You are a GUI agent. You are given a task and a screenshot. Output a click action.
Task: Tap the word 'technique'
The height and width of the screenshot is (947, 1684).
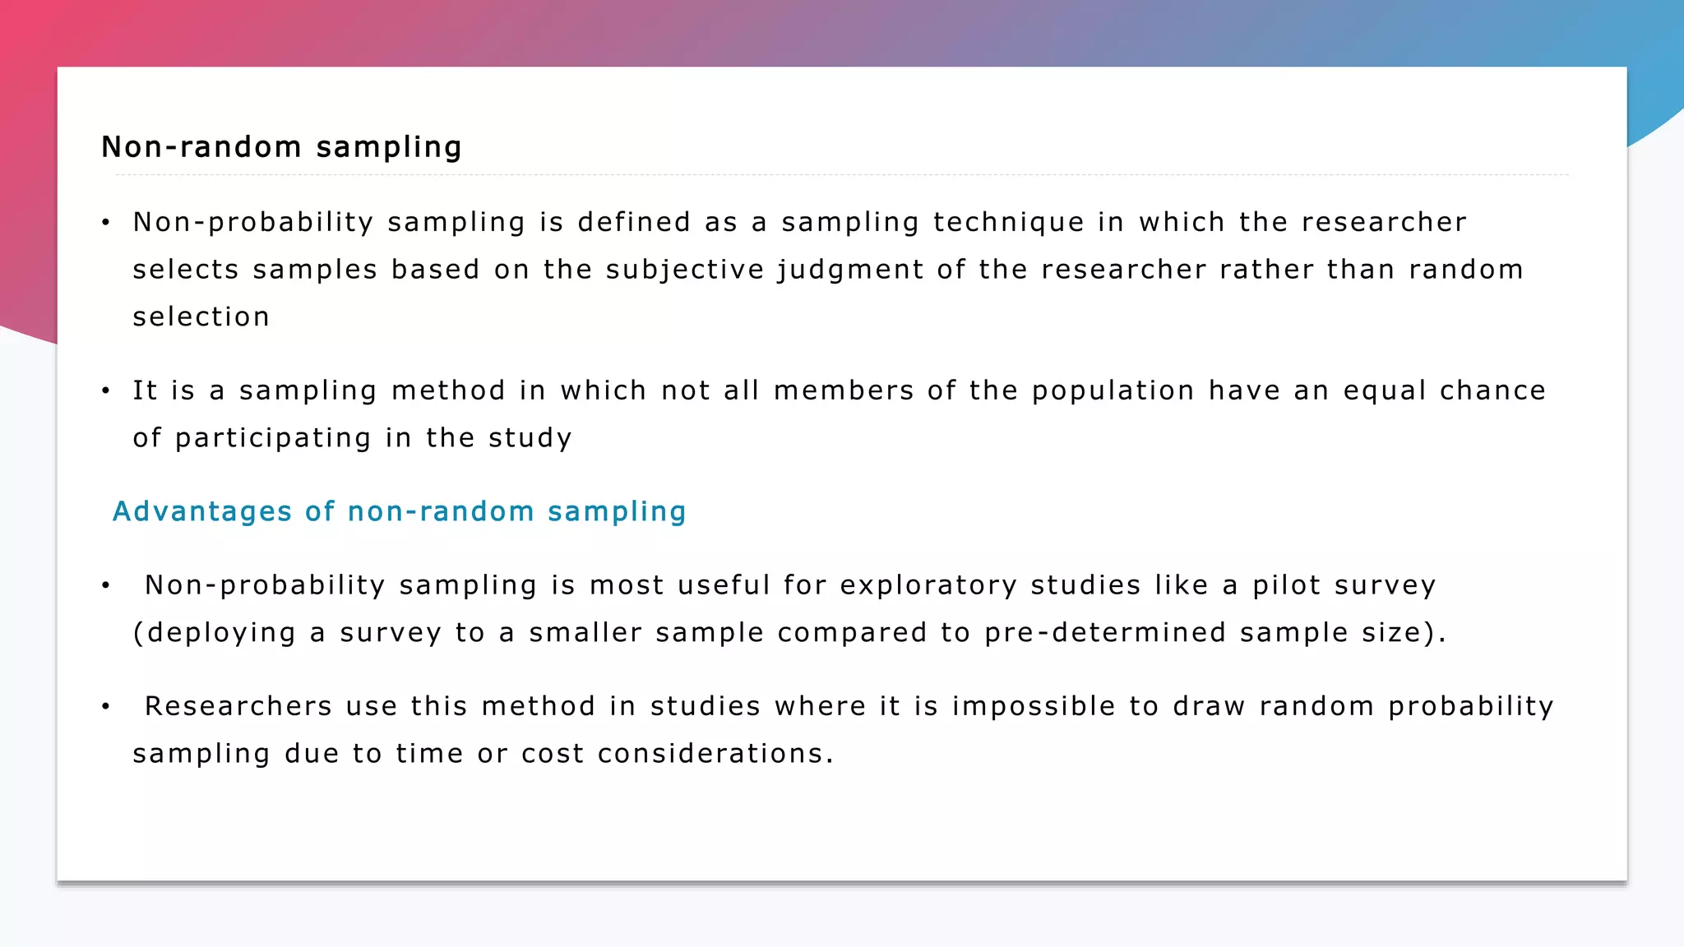pyautogui.click(x=1009, y=223)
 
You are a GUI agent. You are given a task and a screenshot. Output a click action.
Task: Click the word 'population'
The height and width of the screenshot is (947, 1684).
pyautogui.click(x=1113, y=391)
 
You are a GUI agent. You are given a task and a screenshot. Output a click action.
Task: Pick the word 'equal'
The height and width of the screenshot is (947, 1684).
pyautogui.click(x=1386, y=391)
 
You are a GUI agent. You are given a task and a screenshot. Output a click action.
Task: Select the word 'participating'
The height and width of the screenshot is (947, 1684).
pyautogui.click(x=273, y=439)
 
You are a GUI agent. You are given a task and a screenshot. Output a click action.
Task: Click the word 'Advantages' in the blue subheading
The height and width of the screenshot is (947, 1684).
pyautogui.click(x=202, y=511)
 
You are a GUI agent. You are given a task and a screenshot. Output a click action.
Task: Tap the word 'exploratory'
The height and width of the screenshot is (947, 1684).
pyautogui.click(x=928, y=585)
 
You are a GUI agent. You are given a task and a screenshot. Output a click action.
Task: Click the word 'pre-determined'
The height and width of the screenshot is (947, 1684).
pyautogui.click(x=1105, y=633)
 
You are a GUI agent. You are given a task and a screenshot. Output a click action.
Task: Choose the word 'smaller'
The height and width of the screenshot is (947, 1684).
pyautogui.click(x=585, y=633)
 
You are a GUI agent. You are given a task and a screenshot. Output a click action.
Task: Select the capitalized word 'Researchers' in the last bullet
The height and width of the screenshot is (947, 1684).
pyautogui.click(x=238, y=706)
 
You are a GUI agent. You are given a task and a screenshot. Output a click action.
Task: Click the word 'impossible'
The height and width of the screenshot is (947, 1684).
pyautogui.click(x=1034, y=706)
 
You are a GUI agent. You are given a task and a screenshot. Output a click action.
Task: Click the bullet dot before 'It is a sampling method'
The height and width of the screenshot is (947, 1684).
pyautogui.click(x=105, y=391)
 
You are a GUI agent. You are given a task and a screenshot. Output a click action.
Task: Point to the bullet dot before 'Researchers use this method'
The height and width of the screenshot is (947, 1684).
pyautogui.click(x=105, y=707)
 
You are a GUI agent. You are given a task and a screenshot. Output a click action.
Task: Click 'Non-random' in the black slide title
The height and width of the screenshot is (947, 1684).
pyautogui.click(x=201, y=147)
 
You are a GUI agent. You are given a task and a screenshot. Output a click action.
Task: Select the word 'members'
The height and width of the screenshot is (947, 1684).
pyautogui.click(x=844, y=391)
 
